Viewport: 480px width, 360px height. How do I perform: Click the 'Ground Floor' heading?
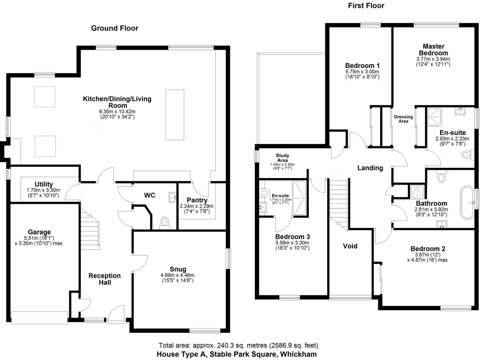tap(114, 28)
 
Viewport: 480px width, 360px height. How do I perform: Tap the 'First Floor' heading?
tap(366, 6)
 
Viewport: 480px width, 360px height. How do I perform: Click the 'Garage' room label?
tap(39, 232)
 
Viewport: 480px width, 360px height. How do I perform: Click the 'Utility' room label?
tap(44, 184)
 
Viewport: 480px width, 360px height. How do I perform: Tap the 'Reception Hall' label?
tap(105, 279)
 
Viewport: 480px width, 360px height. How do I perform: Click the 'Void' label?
tap(350, 246)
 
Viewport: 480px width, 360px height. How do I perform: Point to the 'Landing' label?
tap(370, 168)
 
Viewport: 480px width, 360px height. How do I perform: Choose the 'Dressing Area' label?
tap(403, 119)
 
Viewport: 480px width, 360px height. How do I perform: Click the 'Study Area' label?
tap(282, 157)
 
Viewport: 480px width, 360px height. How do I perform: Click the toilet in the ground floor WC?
tap(165, 222)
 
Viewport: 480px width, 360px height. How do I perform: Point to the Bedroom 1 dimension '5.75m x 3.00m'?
tap(362, 72)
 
